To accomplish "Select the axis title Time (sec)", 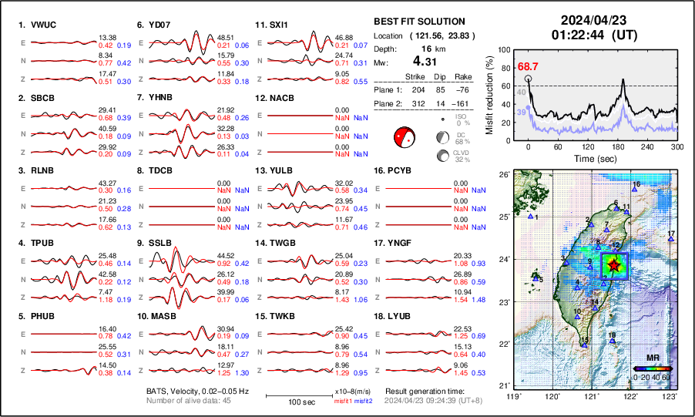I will click(x=593, y=157).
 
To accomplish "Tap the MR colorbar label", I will click(x=652, y=358).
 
